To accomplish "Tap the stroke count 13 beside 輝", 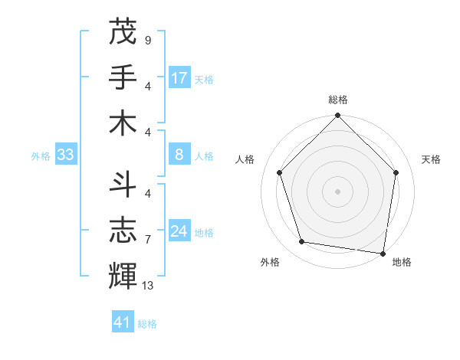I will (x=149, y=285).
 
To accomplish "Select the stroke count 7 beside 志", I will (x=147, y=239).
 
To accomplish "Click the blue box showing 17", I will (x=179, y=78).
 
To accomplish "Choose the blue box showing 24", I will (x=179, y=232).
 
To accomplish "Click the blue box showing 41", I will (x=123, y=322).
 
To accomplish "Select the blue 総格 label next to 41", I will (x=147, y=324).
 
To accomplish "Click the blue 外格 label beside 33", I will (x=41, y=156).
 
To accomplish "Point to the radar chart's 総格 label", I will (x=337, y=100).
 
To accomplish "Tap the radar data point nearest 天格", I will (x=396, y=172).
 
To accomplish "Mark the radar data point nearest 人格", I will (x=280, y=172).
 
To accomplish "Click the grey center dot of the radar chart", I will (x=337, y=191).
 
